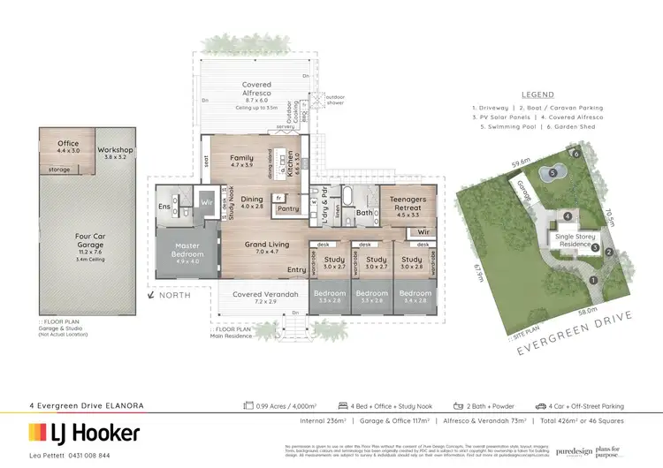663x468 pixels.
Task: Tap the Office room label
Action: [68, 143]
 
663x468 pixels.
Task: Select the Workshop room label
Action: [115, 150]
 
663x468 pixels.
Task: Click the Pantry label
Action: [287, 209]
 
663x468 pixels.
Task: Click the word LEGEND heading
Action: [537, 94]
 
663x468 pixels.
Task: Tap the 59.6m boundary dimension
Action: [522, 162]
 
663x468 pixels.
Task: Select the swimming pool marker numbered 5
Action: [552, 174]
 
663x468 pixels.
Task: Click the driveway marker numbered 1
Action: [594, 280]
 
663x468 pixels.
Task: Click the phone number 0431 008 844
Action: [88, 455]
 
